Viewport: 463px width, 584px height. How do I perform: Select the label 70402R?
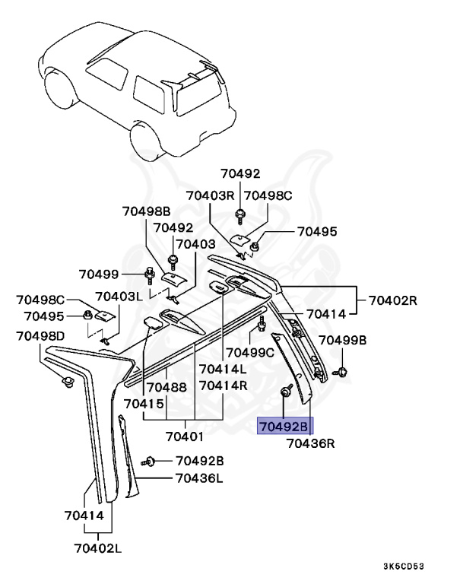[393, 300]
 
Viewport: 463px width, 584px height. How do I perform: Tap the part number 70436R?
[310, 443]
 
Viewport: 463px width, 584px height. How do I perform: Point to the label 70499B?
[342, 340]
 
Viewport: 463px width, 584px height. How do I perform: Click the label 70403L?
[119, 297]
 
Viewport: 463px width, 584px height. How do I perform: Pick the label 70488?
[166, 386]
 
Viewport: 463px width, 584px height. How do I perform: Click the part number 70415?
[144, 403]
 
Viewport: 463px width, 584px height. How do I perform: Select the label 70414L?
[223, 369]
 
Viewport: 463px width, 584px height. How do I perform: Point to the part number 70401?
[185, 436]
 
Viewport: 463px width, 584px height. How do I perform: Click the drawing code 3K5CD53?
[424, 567]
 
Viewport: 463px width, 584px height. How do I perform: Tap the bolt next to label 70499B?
[341, 372]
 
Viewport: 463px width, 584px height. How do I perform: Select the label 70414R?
[223, 386]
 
